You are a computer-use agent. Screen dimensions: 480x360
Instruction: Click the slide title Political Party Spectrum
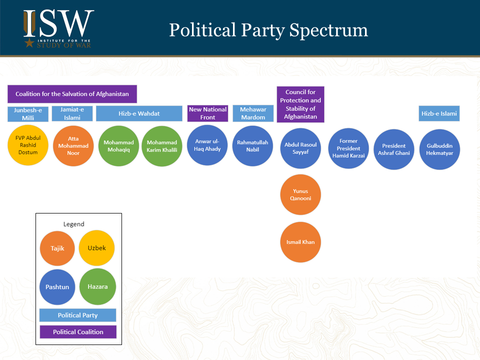click(x=268, y=30)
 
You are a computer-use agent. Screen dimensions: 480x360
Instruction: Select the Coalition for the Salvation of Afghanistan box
click(x=72, y=94)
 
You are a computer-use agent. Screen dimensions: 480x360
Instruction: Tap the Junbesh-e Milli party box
click(x=27, y=114)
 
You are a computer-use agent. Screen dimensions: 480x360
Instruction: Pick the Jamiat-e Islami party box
click(x=72, y=113)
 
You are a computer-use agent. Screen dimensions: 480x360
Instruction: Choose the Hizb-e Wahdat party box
click(x=139, y=113)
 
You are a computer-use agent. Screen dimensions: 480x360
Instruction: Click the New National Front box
click(x=207, y=113)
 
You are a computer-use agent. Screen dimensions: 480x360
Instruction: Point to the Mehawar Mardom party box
click(x=252, y=113)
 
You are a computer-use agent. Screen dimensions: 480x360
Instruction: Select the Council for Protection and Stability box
click(x=300, y=104)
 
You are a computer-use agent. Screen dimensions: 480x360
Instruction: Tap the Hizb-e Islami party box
click(x=439, y=113)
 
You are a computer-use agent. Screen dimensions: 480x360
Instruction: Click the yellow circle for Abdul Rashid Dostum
click(x=27, y=145)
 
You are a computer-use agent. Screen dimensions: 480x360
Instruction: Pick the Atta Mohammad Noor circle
click(x=73, y=146)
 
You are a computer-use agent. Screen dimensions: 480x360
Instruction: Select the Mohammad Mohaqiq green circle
click(x=118, y=146)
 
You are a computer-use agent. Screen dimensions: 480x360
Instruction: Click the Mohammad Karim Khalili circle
click(x=161, y=146)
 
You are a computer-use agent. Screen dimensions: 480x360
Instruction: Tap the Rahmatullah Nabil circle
click(x=252, y=145)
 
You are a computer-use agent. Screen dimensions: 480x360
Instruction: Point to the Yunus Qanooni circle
click(x=300, y=194)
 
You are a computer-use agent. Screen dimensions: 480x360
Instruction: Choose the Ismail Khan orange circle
click(x=300, y=242)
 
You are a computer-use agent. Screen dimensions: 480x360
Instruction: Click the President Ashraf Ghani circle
click(x=394, y=149)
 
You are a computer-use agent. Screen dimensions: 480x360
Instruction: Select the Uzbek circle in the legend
click(x=97, y=248)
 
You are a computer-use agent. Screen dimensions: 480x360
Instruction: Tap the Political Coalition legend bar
click(x=78, y=332)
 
